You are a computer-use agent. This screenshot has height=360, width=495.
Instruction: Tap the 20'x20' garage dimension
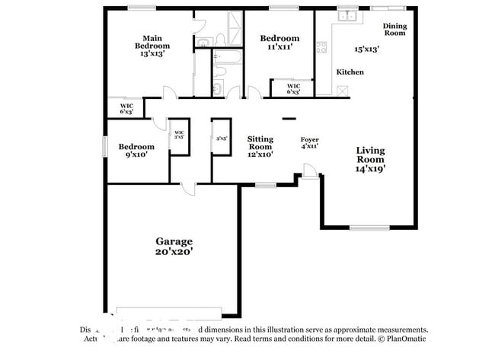(174, 252)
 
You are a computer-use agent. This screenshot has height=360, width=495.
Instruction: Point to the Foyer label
(309, 139)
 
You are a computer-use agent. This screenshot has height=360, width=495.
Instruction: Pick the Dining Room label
(394, 30)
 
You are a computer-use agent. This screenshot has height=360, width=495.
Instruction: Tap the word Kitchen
(350, 72)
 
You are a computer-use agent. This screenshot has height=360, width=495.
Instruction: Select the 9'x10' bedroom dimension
(135, 155)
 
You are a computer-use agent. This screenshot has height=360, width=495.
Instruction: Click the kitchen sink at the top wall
(348, 14)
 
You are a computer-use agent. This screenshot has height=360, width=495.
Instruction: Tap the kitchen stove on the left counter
(322, 46)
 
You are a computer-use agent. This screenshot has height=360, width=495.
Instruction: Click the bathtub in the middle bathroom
(225, 56)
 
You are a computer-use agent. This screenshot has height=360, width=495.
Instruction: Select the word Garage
(174, 241)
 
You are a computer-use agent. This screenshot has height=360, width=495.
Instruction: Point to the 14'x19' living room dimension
(371, 170)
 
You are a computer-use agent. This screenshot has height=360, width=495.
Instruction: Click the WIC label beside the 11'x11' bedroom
(293, 86)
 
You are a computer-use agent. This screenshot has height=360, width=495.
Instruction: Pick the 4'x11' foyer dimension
(309, 147)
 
